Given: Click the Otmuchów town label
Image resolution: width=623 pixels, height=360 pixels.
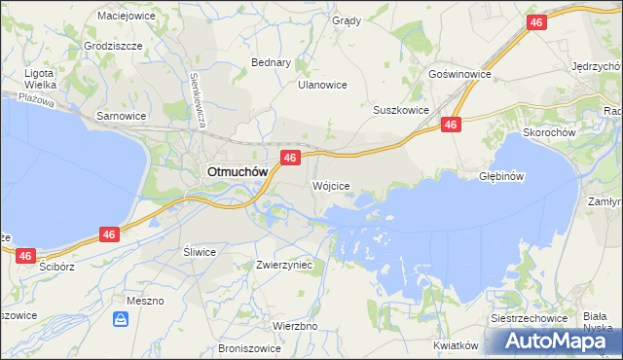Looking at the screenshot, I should click(x=235, y=173).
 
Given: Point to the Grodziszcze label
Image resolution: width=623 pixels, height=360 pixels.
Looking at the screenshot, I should click(x=113, y=46).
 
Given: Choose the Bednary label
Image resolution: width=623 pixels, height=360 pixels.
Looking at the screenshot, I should click(x=272, y=62).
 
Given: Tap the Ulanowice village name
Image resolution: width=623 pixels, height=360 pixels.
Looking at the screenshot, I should click(x=322, y=85).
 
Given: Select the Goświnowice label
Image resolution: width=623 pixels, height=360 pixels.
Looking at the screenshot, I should click(x=459, y=74).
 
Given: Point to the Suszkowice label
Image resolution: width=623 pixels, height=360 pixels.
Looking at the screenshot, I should click(x=401, y=110).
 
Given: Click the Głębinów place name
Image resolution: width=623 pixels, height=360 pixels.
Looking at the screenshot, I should click(x=502, y=176).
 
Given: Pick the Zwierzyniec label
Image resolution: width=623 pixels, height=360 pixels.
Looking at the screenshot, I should click(x=283, y=264).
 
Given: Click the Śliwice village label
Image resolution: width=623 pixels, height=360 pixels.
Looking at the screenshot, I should click(x=200, y=251).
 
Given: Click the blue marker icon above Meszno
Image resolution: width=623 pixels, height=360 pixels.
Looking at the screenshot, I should click(x=121, y=318).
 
